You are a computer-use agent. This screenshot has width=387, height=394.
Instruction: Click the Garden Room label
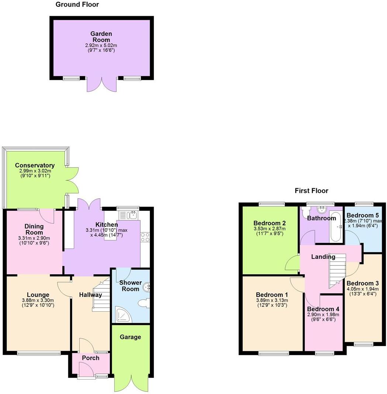click(x=101, y=37)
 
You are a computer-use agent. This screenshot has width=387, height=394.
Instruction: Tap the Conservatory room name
click(x=35, y=165)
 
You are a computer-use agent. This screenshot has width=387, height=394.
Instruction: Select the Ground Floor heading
click(x=77, y=5)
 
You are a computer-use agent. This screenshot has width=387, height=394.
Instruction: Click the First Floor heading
click(x=311, y=191)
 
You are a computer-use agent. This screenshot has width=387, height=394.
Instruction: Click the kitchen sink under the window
click(x=128, y=215)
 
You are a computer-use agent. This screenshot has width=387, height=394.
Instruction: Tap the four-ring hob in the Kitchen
click(x=145, y=237)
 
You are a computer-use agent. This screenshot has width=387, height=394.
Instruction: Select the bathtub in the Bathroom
click(x=335, y=227)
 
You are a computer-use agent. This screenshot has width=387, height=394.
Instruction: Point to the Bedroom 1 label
click(x=272, y=295)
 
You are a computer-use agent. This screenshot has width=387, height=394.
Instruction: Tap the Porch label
click(x=91, y=358)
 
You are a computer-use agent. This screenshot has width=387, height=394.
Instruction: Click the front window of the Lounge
click(x=39, y=353)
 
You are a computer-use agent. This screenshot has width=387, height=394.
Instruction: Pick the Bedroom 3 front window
click(x=363, y=345)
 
